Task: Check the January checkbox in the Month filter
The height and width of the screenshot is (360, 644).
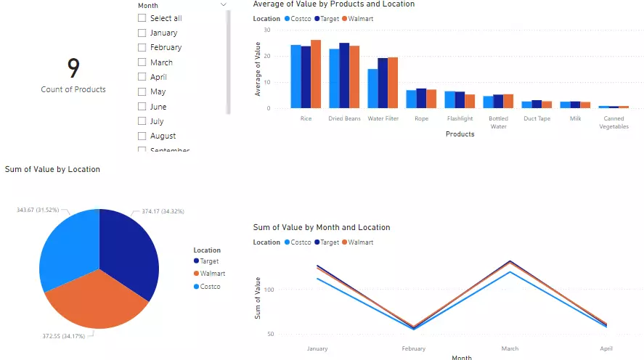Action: tap(142, 33)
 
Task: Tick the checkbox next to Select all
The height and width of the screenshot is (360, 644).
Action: tap(142, 18)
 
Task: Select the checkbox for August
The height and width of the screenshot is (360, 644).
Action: tap(142, 136)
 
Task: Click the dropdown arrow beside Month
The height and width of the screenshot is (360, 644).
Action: tap(223, 5)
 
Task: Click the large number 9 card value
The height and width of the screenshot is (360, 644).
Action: tap(73, 68)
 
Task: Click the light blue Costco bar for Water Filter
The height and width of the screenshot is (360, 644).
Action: tap(372, 89)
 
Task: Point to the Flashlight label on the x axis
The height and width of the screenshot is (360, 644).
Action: tap(460, 118)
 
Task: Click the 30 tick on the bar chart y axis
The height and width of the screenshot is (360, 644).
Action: tap(267, 30)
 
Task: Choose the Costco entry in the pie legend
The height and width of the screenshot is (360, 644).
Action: tap(210, 287)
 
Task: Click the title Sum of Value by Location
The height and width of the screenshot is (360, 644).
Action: tap(52, 169)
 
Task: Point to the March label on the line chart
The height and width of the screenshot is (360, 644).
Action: tap(510, 348)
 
